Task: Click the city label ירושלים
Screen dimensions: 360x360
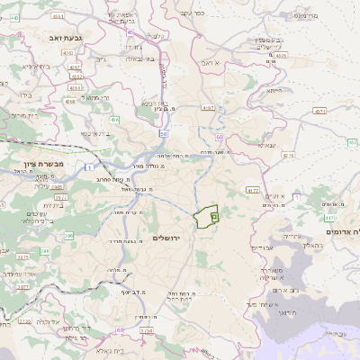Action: pyautogui.click(x=167, y=238)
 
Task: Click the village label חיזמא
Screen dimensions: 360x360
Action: pyautogui.click(x=275, y=90)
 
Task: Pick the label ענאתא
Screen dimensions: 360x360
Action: pyautogui.click(x=274, y=196)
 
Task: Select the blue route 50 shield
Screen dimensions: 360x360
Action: pyautogui.click(x=163, y=133)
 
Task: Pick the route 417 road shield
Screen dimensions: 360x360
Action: pyautogui.click(x=329, y=218)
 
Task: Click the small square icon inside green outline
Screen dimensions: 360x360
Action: pyautogui.click(x=214, y=216)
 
